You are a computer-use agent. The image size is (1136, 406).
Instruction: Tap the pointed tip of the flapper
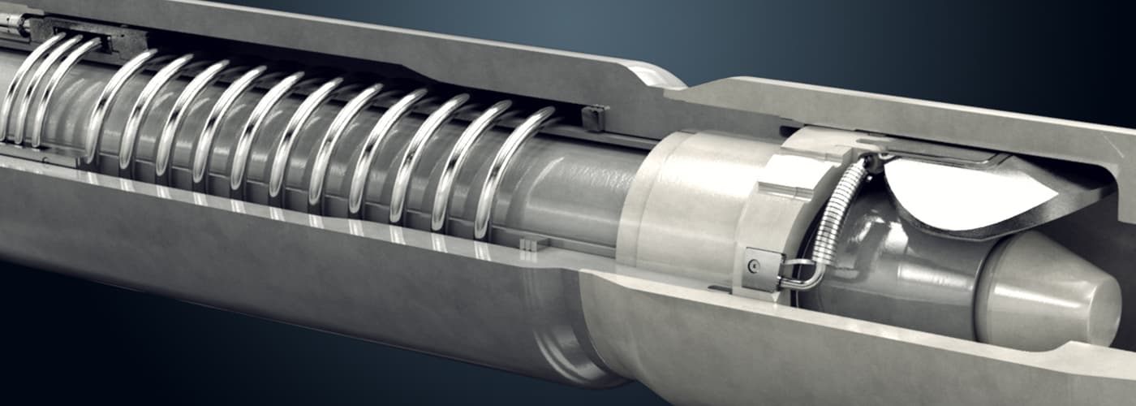click(x=1055, y=193)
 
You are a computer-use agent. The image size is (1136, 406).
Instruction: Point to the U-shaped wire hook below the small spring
click(x=799, y=276)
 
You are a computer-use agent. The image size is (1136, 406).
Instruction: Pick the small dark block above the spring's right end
click(x=594, y=118)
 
